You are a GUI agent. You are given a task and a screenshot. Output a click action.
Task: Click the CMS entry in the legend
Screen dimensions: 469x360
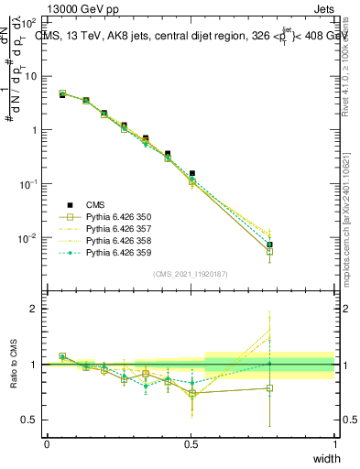tap(95, 204)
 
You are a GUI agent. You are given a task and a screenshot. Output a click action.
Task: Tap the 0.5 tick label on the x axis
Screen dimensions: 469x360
tap(191, 444)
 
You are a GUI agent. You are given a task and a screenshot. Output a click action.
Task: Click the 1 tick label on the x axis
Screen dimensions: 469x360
tap(334, 444)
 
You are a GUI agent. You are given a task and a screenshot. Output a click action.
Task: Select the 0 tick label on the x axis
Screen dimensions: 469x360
tap(47, 444)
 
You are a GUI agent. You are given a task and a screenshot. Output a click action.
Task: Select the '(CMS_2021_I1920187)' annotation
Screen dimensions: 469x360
tap(191, 274)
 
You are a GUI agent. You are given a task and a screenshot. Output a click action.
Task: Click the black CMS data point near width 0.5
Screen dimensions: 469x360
tap(191, 173)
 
